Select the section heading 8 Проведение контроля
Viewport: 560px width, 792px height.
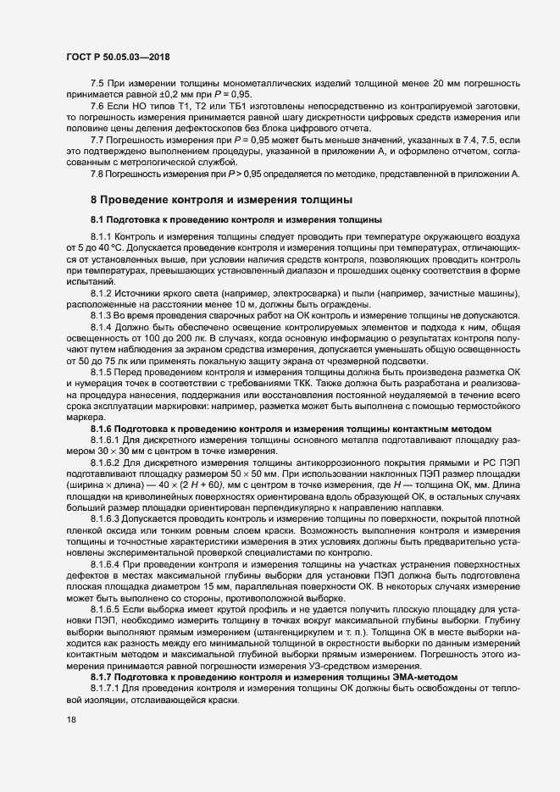click(x=220, y=200)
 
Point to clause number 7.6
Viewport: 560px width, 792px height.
click(x=97, y=105)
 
